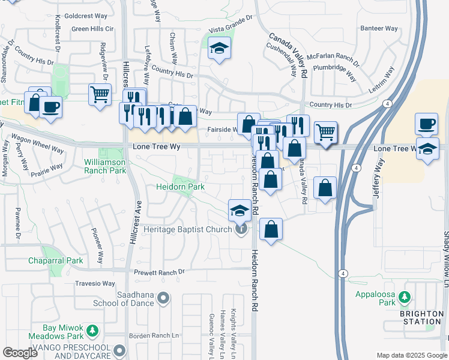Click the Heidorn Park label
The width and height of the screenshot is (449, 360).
[181, 187]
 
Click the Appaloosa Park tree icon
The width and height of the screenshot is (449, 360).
[405, 296]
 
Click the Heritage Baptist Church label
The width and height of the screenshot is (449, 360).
[188, 229]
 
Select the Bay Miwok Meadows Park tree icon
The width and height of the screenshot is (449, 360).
[92, 331]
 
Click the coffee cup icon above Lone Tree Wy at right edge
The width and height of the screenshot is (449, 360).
[426, 124]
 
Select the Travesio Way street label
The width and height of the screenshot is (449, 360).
[95, 283]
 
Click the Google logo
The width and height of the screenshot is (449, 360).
[20, 353]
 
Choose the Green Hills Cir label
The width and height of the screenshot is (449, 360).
[92, 28]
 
